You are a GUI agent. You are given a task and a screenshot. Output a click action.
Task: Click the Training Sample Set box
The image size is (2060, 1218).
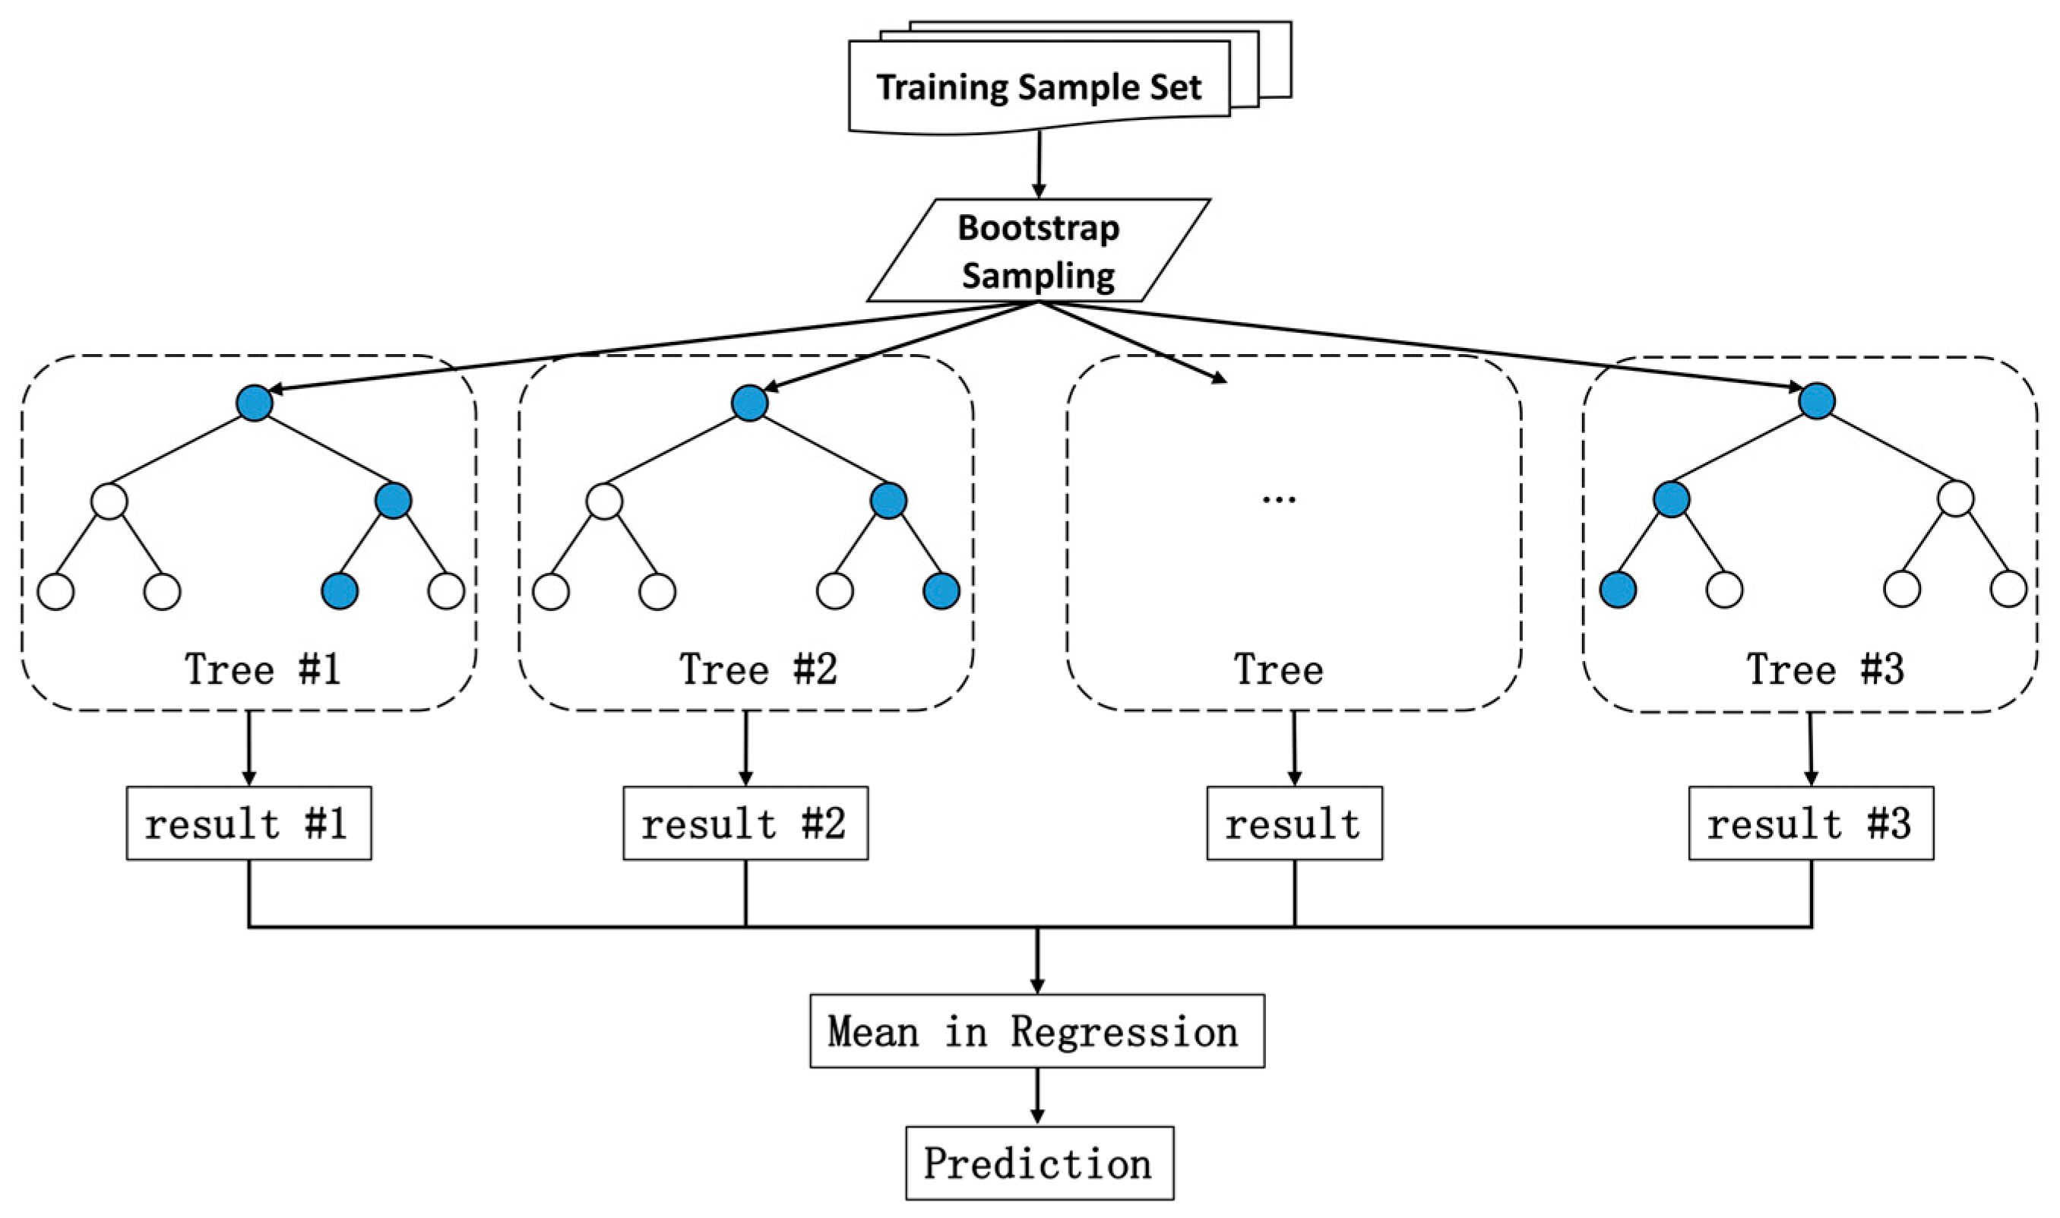click(1038, 86)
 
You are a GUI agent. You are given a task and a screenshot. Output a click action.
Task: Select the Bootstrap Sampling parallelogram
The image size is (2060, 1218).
click(1038, 250)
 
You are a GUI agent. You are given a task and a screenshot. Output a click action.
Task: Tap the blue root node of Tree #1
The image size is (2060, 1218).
click(255, 403)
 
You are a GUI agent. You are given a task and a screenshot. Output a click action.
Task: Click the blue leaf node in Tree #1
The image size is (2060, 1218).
click(340, 591)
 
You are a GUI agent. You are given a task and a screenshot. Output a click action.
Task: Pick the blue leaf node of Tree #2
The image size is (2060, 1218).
click(941, 591)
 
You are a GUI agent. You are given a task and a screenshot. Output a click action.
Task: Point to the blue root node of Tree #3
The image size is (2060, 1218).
click(1816, 401)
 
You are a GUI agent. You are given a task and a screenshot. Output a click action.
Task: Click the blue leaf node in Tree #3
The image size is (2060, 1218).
click(1618, 590)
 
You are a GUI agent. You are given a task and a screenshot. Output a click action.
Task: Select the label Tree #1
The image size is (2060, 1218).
click(263, 669)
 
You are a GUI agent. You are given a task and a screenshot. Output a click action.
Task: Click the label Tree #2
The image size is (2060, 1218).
click(758, 669)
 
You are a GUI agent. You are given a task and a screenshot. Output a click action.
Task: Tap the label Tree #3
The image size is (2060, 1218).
click(1824, 669)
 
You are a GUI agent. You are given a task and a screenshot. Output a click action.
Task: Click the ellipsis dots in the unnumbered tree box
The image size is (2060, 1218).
click(1279, 498)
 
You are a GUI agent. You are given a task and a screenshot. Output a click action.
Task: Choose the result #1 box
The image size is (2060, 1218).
click(248, 823)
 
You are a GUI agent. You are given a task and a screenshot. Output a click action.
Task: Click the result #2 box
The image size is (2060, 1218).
click(745, 823)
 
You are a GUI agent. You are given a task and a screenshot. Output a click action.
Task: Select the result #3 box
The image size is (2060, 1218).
click(1811, 823)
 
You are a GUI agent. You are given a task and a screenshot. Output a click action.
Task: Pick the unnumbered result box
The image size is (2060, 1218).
click(1294, 823)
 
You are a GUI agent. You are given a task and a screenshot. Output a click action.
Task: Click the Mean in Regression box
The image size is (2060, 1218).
click(1036, 1031)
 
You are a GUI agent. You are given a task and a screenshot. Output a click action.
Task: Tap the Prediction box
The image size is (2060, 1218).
click(1039, 1163)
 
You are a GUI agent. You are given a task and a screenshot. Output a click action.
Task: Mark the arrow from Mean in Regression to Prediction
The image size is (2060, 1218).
click(1037, 1096)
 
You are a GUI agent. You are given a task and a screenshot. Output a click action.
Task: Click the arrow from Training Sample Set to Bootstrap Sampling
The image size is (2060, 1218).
click(1039, 164)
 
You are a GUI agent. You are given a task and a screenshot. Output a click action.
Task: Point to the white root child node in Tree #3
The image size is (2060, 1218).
click(1955, 498)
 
